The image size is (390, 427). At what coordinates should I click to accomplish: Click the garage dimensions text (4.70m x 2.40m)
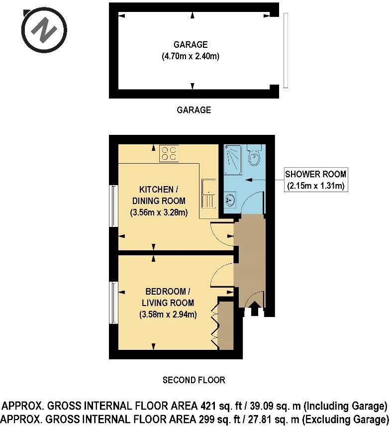(191, 56)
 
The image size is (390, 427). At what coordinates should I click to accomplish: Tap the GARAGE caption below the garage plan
(194, 110)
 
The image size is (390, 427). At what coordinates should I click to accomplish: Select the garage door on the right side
(286, 51)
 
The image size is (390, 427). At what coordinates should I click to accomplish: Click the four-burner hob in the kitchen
(169, 153)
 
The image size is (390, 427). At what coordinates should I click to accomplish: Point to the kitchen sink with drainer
(208, 193)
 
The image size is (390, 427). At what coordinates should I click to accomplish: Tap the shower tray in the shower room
(233, 159)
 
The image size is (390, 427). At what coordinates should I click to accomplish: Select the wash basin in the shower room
(230, 201)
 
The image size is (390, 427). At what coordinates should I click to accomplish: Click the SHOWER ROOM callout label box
(315, 180)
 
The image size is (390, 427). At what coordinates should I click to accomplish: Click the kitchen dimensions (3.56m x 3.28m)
(159, 213)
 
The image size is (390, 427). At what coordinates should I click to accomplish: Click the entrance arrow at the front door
(255, 311)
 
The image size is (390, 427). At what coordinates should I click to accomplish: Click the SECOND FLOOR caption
(194, 380)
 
